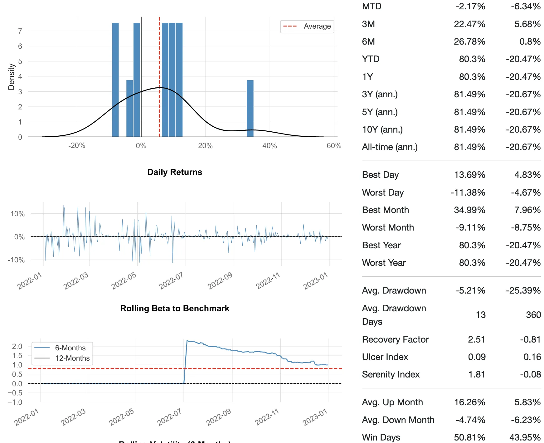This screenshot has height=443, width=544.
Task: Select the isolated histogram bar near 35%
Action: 250,108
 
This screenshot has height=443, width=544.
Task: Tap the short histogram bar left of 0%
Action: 129,108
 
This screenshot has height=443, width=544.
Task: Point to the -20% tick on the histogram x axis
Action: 77,146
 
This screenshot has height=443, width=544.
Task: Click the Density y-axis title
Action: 11,77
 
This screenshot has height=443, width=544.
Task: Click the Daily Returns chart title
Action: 175,172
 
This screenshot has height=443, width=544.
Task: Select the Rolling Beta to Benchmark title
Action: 175,309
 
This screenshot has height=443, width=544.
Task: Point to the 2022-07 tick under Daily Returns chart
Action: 171,280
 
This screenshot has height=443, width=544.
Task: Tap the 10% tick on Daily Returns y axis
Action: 17,214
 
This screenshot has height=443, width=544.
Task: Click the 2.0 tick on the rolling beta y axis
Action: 17,346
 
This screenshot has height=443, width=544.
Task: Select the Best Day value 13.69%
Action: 469,175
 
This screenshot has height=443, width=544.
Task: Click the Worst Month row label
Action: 388,228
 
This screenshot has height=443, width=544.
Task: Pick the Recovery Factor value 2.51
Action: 476,339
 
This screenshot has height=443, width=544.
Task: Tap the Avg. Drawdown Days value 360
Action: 533,315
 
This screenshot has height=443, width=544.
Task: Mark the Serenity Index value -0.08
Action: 530,374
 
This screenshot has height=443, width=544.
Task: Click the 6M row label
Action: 368,42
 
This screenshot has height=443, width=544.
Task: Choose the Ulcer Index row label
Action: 385,357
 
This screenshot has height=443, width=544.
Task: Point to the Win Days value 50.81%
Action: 469,437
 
